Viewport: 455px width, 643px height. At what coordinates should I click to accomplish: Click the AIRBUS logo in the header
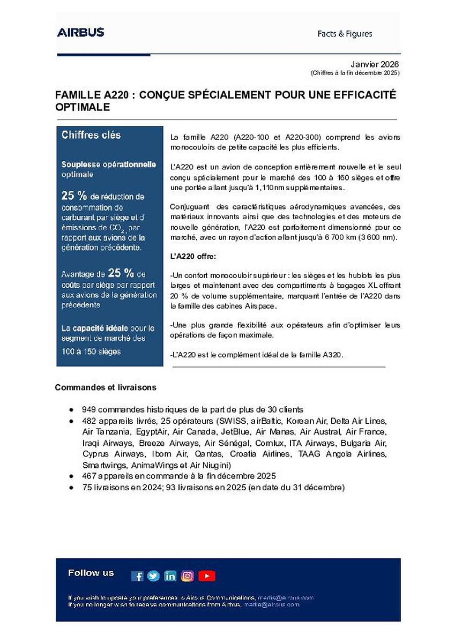(x=80, y=33)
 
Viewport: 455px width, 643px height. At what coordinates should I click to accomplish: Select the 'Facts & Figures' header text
(x=345, y=34)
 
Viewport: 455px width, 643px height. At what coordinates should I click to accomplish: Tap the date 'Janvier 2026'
(x=375, y=63)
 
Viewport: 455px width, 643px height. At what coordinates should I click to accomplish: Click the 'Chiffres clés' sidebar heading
(x=91, y=135)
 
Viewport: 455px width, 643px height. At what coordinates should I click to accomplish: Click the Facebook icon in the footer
(x=137, y=576)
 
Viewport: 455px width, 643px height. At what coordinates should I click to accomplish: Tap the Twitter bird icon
(x=154, y=576)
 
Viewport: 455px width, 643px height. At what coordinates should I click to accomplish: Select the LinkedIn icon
(x=170, y=576)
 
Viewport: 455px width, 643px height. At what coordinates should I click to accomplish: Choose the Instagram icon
(x=188, y=576)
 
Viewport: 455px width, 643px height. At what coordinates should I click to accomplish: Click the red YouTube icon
(x=206, y=576)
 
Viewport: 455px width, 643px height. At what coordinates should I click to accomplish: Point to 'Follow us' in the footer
(x=91, y=573)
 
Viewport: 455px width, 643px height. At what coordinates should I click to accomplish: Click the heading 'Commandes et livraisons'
(x=106, y=387)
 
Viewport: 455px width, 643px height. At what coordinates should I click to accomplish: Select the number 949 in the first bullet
(x=89, y=409)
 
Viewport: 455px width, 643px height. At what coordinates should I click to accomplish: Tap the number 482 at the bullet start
(x=89, y=421)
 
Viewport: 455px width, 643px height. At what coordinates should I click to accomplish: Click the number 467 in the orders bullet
(x=89, y=476)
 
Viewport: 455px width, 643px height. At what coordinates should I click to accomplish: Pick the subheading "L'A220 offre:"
(x=193, y=257)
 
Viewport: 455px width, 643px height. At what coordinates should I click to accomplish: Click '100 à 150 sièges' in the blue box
(x=91, y=352)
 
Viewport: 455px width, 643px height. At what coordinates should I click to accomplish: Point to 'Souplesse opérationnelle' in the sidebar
(x=109, y=164)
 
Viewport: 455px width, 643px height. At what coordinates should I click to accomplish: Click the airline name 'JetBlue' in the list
(x=235, y=431)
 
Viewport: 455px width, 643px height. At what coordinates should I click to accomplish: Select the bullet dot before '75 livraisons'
(x=71, y=487)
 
